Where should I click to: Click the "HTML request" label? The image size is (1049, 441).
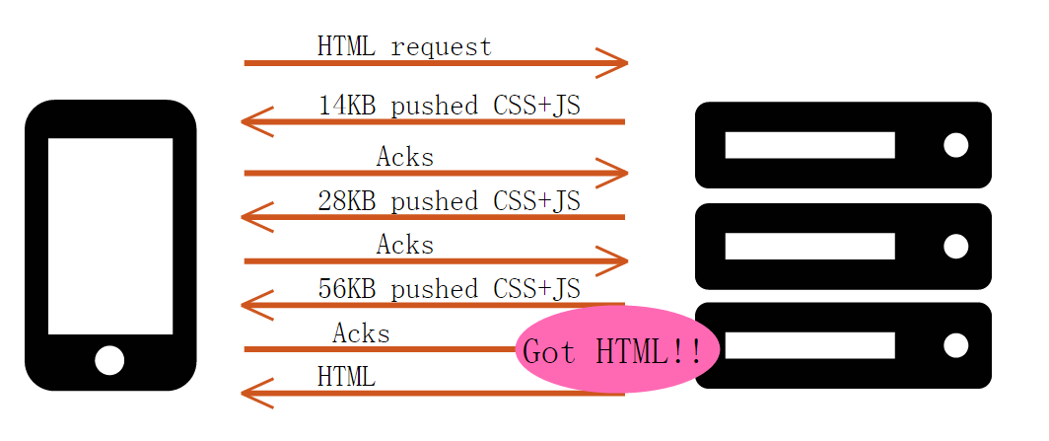tap(404, 45)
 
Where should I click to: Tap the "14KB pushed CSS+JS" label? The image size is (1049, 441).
tap(449, 106)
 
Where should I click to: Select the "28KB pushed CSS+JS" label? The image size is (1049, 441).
tap(449, 201)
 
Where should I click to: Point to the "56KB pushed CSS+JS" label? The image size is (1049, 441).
tap(449, 289)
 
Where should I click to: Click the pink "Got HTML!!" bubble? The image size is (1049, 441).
tap(615, 350)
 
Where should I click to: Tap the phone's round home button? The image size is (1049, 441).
tap(109, 360)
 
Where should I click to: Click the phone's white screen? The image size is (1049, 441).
tap(109, 236)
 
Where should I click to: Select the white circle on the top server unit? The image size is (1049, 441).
tap(955, 145)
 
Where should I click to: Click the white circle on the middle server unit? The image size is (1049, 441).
tap(955, 246)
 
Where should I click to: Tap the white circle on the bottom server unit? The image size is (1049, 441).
tap(955, 345)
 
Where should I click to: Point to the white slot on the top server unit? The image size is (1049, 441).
tap(809, 145)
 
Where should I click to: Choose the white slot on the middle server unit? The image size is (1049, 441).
tap(809, 246)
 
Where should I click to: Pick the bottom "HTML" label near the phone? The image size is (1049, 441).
tap(346, 376)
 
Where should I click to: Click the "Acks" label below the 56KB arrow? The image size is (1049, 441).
tap(361, 333)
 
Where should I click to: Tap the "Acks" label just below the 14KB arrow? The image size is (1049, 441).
tap(404, 157)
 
